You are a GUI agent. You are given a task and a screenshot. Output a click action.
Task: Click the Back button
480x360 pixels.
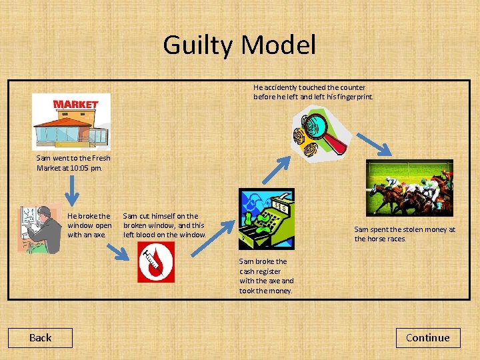pos(40,338)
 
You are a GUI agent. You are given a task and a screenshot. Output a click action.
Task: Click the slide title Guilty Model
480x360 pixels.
pos(239,45)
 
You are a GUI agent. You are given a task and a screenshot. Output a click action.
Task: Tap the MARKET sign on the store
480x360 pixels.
pos(75,105)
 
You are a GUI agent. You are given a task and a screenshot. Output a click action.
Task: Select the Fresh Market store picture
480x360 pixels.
pos(71,121)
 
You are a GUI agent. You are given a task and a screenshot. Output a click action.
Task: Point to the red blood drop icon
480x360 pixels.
pos(155,262)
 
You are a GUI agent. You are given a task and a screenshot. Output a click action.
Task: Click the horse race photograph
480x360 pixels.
pos(409,188)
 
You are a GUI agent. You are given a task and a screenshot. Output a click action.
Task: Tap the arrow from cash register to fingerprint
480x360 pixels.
pos(277,169)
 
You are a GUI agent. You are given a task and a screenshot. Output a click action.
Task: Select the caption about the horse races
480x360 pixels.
pos(404,234)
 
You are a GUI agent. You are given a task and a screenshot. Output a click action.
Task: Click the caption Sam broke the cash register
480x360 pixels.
pos(266,276)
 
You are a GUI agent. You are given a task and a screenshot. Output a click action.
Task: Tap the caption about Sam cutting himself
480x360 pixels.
pos(164,225)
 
